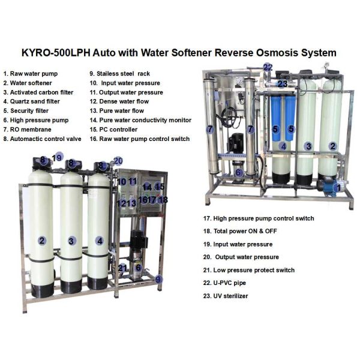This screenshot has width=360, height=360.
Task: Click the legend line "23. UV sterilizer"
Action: pyautogui.click(x=226, y=296)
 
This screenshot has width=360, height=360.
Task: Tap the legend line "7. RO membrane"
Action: pyautogui.click(x=28, y=130)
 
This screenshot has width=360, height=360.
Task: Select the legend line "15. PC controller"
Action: pyautogui.click(x=113, y=130)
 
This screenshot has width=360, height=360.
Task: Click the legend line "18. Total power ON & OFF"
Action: pyautogui.click(x=240, y=231)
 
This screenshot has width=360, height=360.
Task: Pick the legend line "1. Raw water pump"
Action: pyautogui.click(x=31, y=74)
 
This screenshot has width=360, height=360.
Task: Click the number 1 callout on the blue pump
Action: pyautogui.click(x=338, y=188)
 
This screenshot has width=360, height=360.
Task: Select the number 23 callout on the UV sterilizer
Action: pyautogui.click(x=282, y=84)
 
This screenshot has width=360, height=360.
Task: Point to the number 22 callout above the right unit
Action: pyautogui.click(x=268, y=67)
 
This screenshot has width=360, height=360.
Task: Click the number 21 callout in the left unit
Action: pyautogui.click(x=122, y=268)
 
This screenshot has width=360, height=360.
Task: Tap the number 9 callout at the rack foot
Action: pyautogui.click(x=158, y=279)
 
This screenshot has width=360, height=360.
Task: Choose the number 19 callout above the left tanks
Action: pyautogui.click(x=57, y=157)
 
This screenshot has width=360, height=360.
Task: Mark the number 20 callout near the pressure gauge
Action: pyautogui.click(x=118, y=161)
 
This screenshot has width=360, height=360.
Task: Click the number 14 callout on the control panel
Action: pyautogui.click(x=147, y=187)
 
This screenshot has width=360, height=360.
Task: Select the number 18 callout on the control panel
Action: pyautogui.click(x=163, y=200)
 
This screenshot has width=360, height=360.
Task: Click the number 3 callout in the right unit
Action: pyautogui.click(x=308, y=146)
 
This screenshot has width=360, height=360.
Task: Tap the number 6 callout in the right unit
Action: pyautogui.click(x=239, y=172)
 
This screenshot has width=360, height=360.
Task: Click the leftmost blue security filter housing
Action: pyautogui.click(x=276, y=118)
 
